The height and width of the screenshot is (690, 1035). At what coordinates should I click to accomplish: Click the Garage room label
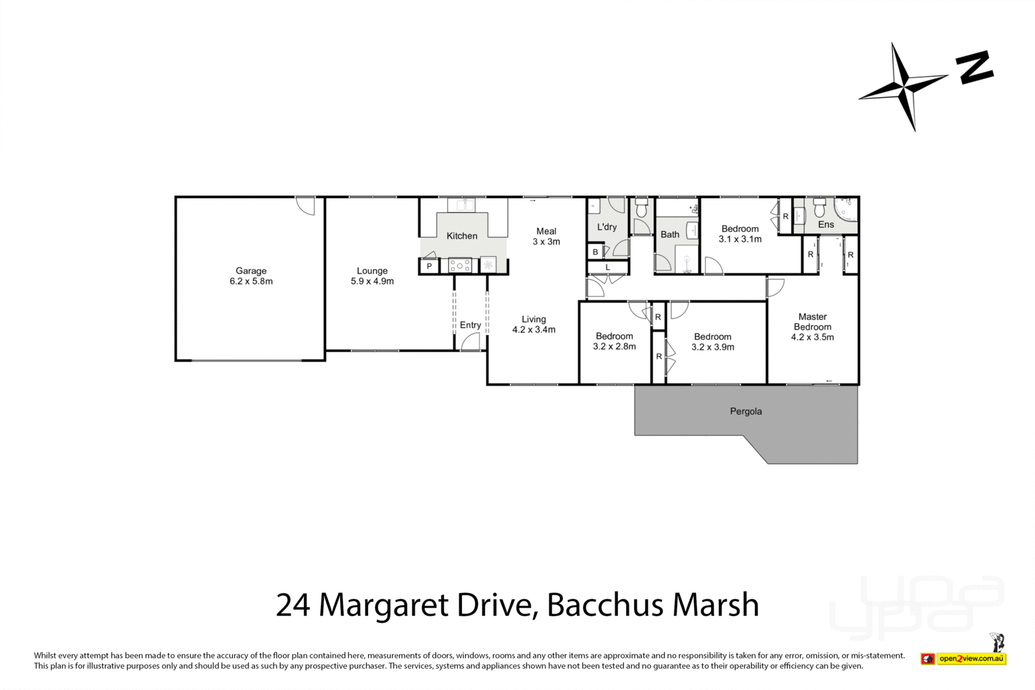click(x=251, y=276)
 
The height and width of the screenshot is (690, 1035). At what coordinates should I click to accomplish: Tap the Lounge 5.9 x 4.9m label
click(x=372, y=276)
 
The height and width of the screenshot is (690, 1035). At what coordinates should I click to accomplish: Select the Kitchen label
click(x=462, y=236)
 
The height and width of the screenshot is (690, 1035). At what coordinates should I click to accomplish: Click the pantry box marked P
click(x=429, y=266)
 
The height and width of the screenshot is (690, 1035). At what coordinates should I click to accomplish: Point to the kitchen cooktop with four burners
click(x=460, y=265)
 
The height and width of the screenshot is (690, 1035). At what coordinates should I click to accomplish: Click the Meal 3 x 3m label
click(x=546, y=236)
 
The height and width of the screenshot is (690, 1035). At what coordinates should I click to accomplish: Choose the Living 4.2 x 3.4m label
click(x=534, y=324)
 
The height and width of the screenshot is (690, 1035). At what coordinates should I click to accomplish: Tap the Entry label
click(x=470, y=325)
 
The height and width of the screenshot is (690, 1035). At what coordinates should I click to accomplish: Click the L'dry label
click(x=607, y=227)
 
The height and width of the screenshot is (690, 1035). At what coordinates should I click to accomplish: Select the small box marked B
click(x=595, y=252)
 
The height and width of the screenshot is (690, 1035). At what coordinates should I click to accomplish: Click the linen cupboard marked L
click(x=607, y=267)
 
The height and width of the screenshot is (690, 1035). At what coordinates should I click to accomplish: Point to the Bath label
click(x=670, y=235)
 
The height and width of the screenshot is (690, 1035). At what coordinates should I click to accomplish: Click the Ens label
click(x=826, y=224)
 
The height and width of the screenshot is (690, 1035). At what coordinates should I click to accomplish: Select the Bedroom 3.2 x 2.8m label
click(x=614, y=341)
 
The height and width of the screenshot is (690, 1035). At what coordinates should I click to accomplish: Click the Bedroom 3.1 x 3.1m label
click(x=740, y=233)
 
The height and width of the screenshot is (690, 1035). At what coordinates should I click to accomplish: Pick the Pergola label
click(x=746, y=411)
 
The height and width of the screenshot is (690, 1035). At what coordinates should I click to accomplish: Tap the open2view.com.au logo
click(x=971, y=659)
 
